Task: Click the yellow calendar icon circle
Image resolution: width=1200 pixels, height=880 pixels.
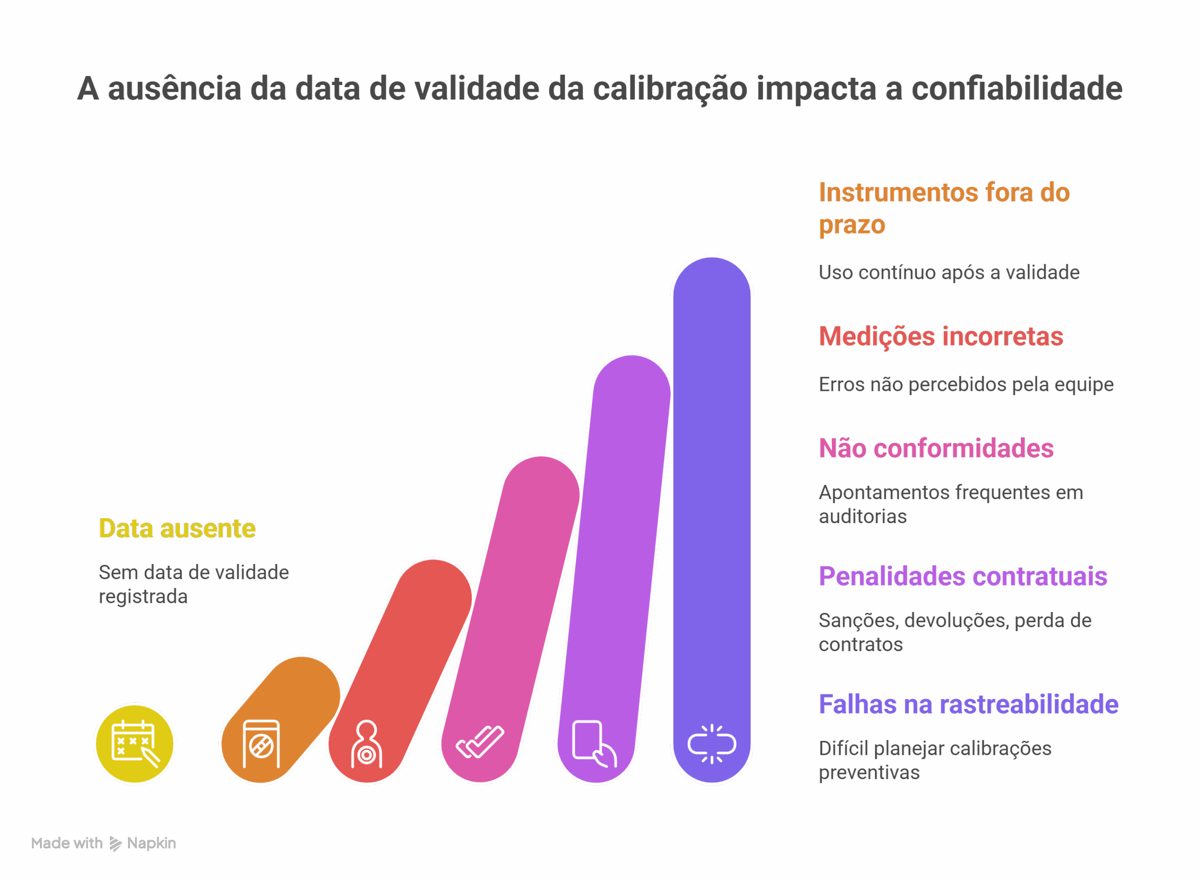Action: [x=135, y=744]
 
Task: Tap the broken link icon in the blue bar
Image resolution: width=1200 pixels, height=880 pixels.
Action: [x=712, y=744]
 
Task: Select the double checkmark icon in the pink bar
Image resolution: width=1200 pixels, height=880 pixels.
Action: [x=480, y=742]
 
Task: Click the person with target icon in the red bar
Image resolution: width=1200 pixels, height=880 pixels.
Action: [x=367, y=744]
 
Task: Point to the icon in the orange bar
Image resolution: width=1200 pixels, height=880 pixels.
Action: [x=261, y=744]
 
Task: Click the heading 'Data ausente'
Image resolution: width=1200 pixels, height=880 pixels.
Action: [x=177, y=528]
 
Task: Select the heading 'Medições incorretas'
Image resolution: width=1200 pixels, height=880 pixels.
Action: [x=941, y=337]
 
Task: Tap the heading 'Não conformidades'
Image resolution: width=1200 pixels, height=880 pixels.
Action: [x=936, y=449]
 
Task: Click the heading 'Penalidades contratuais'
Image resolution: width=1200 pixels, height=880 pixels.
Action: [x=962, y=576]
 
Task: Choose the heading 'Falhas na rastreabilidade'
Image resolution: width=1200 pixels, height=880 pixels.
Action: [x=968, y=704]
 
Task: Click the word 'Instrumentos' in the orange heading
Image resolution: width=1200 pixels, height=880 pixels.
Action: [x=898, y=192]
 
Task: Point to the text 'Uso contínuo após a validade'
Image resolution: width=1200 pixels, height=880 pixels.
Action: [x=949, y=273]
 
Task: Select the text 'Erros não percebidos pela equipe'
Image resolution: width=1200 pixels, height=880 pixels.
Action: [x=966, y=384]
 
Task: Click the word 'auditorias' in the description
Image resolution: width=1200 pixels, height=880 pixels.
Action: [x=862, y=517]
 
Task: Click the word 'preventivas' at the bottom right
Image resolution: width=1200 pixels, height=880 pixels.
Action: [x=869, y=772]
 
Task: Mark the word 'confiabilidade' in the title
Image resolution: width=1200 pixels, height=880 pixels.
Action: [x=1017, y=89]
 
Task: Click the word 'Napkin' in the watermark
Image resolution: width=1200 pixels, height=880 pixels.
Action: [x=151, y=843]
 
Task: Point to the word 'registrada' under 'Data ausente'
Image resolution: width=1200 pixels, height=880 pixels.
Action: [x=143, y=597]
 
